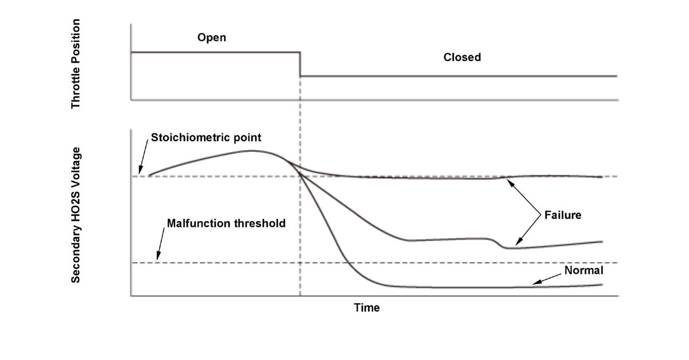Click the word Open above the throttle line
[211, 38]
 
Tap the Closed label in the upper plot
[462, 57]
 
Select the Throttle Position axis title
[76, 64]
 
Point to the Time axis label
[366, 308]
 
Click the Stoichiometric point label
[206, 138]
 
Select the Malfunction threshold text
[226, 223]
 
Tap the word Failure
[563, 215]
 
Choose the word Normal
[584, 270]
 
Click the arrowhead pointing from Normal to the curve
[534, 282]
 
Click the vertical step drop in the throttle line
[300, 64]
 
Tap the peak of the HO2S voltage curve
[251, 151]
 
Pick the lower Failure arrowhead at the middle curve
[517, 245]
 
